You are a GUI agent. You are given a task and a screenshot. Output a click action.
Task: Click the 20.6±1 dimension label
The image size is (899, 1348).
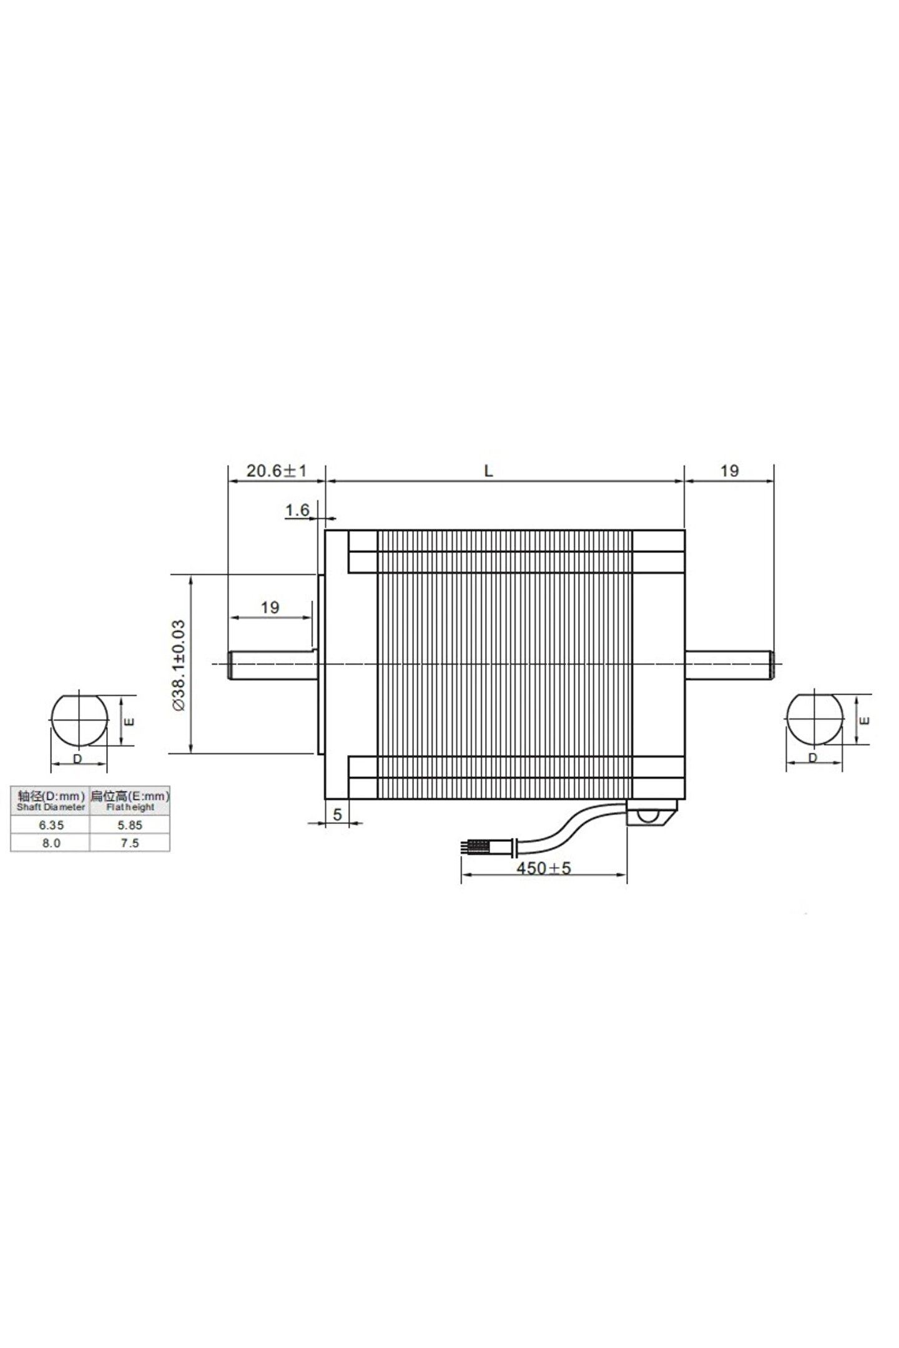(276, 471)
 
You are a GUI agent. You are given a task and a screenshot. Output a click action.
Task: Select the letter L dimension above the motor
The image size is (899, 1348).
(489, 471)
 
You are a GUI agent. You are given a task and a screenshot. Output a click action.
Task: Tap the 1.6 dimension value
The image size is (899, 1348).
(297, 510)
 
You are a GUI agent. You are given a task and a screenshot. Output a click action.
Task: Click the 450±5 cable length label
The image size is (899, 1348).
(543, 868)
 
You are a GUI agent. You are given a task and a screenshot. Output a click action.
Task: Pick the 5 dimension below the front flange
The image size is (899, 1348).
(337, 814)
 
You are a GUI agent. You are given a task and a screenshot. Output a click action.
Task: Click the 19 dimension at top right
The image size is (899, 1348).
(729, 471)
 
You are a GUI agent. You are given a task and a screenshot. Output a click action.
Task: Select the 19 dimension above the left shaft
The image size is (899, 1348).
(270, 607)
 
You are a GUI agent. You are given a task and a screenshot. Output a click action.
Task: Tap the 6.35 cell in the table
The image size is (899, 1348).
(51, 824)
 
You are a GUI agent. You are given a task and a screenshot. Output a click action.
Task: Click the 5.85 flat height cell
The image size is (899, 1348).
(130, 824)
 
